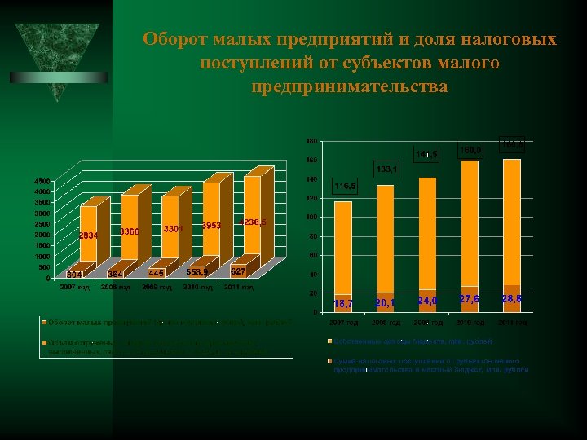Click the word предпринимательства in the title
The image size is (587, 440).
click(x=351, y=86)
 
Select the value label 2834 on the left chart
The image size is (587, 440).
click(x=90, y=235)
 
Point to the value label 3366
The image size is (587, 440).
click(x=129, y=232)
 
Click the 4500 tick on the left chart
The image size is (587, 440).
click(x=41, y=180)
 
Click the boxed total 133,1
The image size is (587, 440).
click(x=386, y=169)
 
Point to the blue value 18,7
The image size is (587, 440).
click(x=343, y=304)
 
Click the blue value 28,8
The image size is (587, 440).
click(x=513, y=300)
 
